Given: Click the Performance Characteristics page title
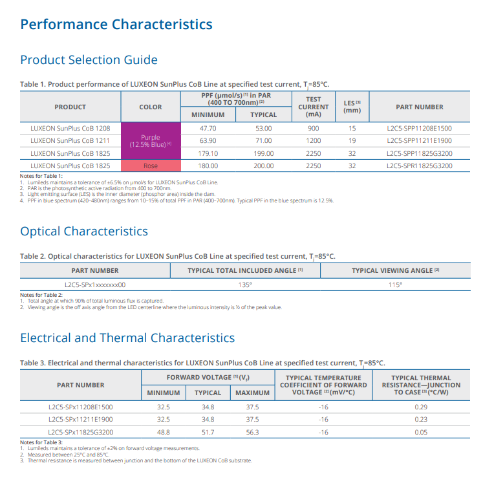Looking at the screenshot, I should coord(116,25).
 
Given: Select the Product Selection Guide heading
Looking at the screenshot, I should coord(89,60).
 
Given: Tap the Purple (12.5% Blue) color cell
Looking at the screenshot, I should coord(151,141).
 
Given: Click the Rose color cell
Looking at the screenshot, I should coord(151,166).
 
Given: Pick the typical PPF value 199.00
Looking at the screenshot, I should coord(263,154).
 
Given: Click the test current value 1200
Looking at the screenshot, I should coord(314,141).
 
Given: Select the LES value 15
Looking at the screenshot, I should coord(352,129).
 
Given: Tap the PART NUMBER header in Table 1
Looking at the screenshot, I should coord(420,107).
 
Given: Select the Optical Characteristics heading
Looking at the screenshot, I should coord(84,232).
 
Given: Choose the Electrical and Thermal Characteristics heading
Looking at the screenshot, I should coord(127,338).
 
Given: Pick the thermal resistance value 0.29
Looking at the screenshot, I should coord(421,407).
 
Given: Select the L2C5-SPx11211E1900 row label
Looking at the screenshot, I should coord(81,420).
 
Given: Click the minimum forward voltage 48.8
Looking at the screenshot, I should coord(164,432).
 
